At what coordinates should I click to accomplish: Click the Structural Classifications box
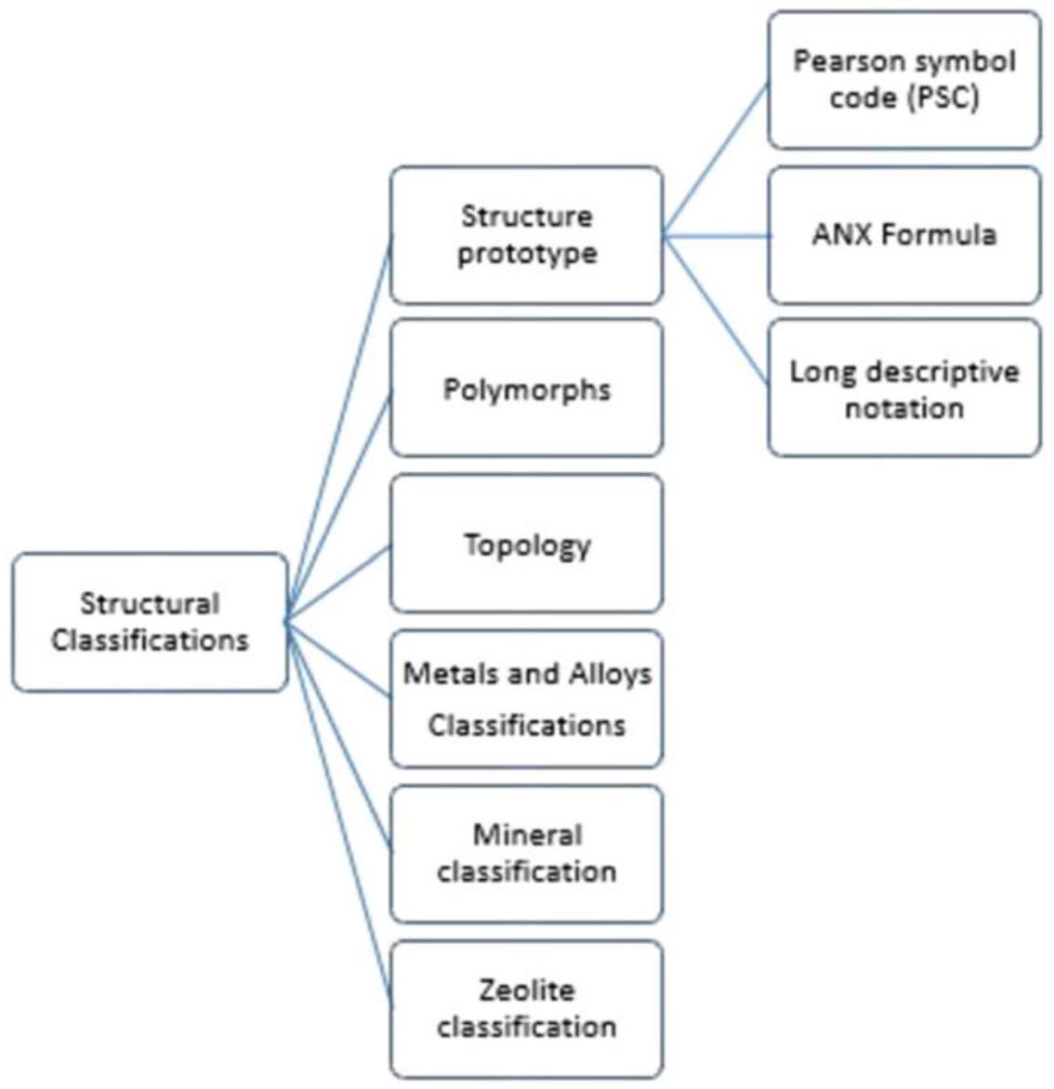pyautogui.click(x=150, y=623)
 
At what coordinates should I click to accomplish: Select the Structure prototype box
pyautogui.click(x=526, y=235)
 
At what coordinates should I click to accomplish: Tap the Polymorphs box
pyautogui.click(x=526, y=388)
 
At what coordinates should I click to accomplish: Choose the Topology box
pyautogui.click(x=526, y=544)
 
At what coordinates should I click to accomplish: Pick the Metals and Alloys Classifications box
pyautogui.click(x=526, y=699)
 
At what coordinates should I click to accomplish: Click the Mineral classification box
pyautogui.click(x=526, y=853)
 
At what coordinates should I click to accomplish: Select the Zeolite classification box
pyautogui.click(x=526, y=1008)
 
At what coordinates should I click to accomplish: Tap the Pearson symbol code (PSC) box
pyautogui.click(x=903, y=80)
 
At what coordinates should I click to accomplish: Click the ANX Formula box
pyautogui.click(x=903, y=235)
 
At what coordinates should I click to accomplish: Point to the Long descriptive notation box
pyautogui.click(x=903, y=388)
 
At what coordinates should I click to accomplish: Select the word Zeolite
pyautogui.click(x=526, y=991)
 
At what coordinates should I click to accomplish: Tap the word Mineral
pyautogui.click(x=527, y=835)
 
